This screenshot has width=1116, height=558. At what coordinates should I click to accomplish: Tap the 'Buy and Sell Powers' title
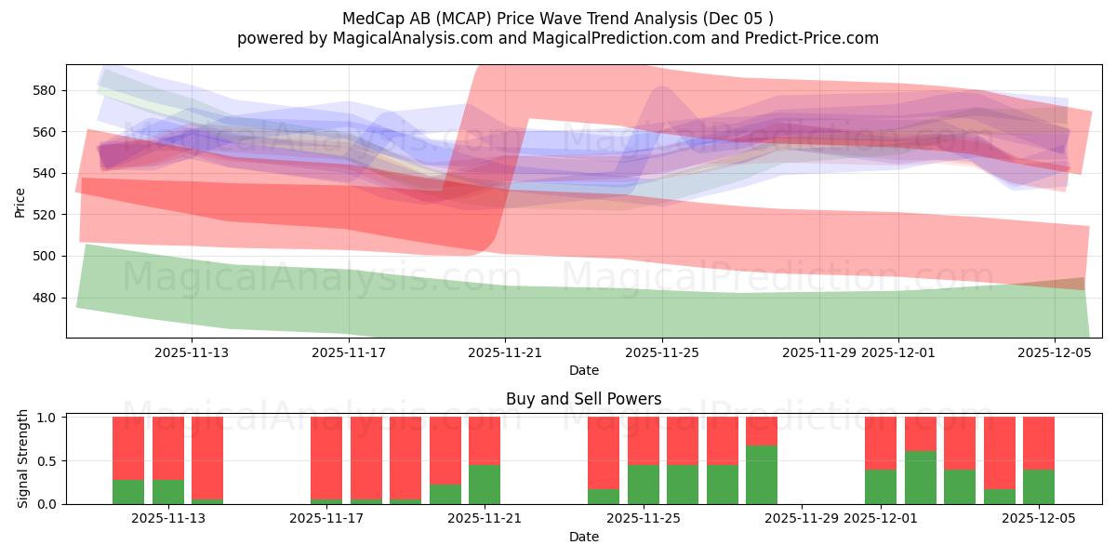tap(583, 399)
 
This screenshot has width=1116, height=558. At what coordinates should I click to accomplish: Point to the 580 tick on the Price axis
tap(46, 90)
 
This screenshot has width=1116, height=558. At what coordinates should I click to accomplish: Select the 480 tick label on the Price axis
tap(46, 298)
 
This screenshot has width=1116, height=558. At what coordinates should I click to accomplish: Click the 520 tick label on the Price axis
tap(46, 215)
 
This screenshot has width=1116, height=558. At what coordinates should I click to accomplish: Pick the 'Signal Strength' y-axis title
tap(23, 460)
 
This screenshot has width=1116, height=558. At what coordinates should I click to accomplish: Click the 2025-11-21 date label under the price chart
tap(505, 352)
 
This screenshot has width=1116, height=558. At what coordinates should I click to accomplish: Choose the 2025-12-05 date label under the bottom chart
tap(1039, 519)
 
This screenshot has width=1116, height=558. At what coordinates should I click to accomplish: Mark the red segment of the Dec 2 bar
tap(920, 433)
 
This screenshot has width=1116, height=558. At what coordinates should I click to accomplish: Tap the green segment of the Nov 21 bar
tap(485, 485)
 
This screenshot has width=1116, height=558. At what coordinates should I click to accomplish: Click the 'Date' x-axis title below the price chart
tap(583, 370)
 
